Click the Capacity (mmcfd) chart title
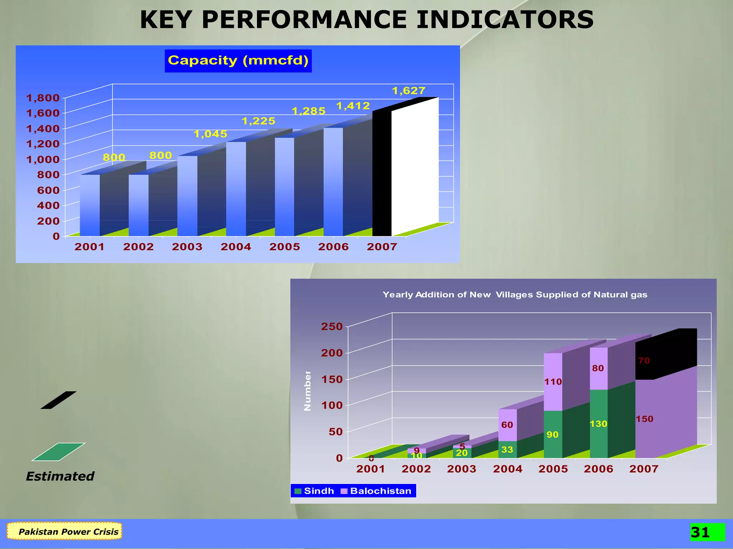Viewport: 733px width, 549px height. (x=238, y=61)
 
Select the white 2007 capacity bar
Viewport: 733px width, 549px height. (x=414, y=166)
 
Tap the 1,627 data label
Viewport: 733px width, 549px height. (x=408, y=91)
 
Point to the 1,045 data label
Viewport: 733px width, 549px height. (x=210, y=134)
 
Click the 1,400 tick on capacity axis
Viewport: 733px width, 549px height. (x=43, y=129)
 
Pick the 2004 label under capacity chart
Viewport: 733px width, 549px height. (x=236, y=247)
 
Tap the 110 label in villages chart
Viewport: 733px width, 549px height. (x=553, y=382)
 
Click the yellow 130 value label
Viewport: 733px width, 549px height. (x=598, y=424)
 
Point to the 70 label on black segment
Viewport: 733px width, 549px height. (x=644, y=361)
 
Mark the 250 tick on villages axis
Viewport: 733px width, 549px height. (x=332, y=326)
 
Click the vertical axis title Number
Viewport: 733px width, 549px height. (x=307, y=391)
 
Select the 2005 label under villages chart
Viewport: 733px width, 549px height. (x=553, y=469)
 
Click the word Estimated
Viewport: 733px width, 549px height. (x=60, y=476)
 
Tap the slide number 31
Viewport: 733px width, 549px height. (x=700, y=533)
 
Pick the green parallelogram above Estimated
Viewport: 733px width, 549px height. (x=58, y=452)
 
